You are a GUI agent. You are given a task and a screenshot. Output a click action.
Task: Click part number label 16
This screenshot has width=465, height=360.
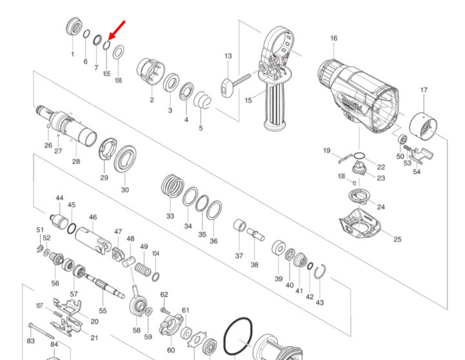pos(333,39)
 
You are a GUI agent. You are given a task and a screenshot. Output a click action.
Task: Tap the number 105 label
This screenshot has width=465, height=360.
pos(106,74)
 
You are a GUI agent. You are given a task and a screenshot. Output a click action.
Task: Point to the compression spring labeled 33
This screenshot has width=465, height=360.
pos(170,187)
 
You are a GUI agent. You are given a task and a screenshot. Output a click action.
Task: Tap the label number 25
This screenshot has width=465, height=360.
pos(397,239)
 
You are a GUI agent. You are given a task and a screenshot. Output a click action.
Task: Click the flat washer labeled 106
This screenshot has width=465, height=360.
pos(119,52)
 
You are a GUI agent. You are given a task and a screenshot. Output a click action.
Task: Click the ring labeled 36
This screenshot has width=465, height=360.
pos(215,210)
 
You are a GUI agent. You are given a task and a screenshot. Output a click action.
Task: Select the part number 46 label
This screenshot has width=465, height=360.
pos(93,217)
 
